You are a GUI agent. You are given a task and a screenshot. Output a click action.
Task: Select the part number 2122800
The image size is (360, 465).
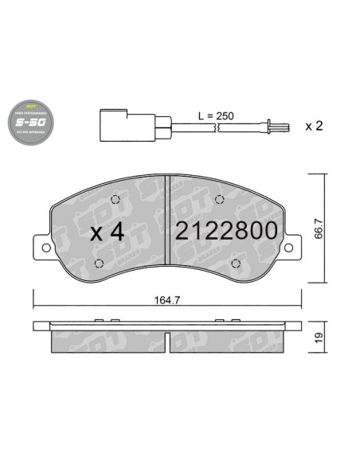226,232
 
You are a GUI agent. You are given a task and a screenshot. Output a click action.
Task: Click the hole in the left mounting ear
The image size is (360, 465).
45,248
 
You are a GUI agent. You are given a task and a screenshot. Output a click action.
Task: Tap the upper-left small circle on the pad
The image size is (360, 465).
115,200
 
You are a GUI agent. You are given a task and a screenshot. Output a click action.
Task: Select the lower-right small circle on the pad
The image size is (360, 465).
237,264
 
